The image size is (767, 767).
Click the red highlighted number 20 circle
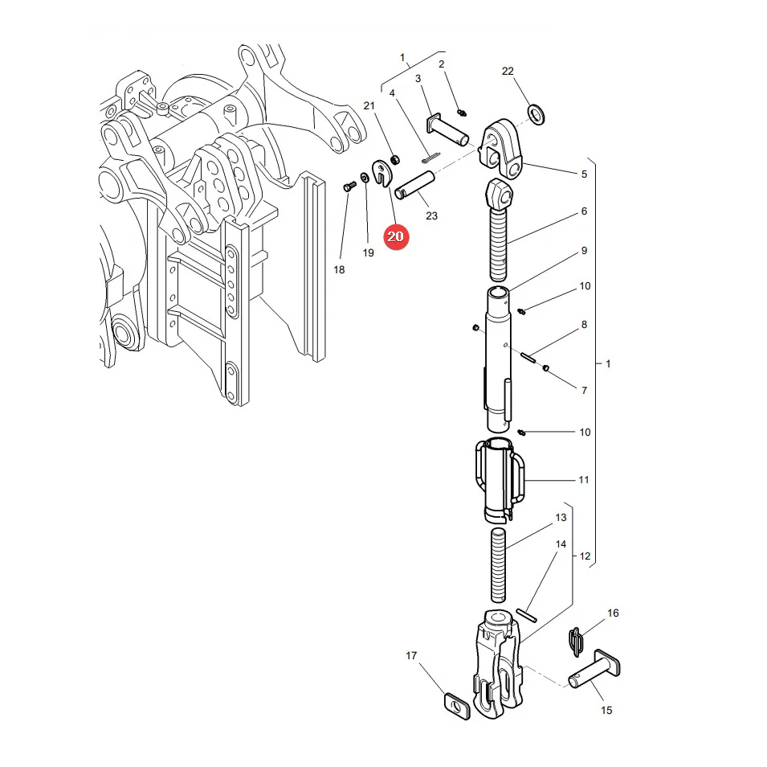pyautogui.click(x=395, y=236)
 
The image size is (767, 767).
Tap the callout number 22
pyautogui.click(x=508, y=72)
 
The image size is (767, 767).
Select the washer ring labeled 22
pyautogui.click(x=536, y=113)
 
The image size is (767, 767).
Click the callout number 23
pyautogui.click(x=431, y=216)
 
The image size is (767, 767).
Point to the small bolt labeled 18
pyautogui.click(x=349, y=186)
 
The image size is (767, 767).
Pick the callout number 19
pyautogui.click(x=369, y=252)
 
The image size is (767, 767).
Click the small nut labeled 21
pyautogui.click(x=396, y=159)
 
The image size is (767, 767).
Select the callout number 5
pyautogui.click(x=584, y=174)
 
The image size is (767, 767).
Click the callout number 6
pyautogui.click(x=584, y=211)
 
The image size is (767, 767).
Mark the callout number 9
pyautogui.click(x=584, y=251)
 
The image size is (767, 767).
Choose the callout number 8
pyautogui.click(x=584, y=325)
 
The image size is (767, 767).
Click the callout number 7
pyautogui.click(x=584, y=391)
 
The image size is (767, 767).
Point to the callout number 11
pyautogui.click(x=584, y=480)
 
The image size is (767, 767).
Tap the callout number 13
pyautogui.click(x=561, y=518)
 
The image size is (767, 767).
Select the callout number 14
pyautogui.click(x=561, y=544)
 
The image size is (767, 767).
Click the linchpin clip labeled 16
pyautogui.click(x=576, y=642)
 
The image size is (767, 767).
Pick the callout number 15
pyautogui.click(x=606, y=710)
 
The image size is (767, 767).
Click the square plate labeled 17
pyautogui.click(x=457, y=706)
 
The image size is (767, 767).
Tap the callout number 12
pyautogui.click(x=585, y=556)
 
